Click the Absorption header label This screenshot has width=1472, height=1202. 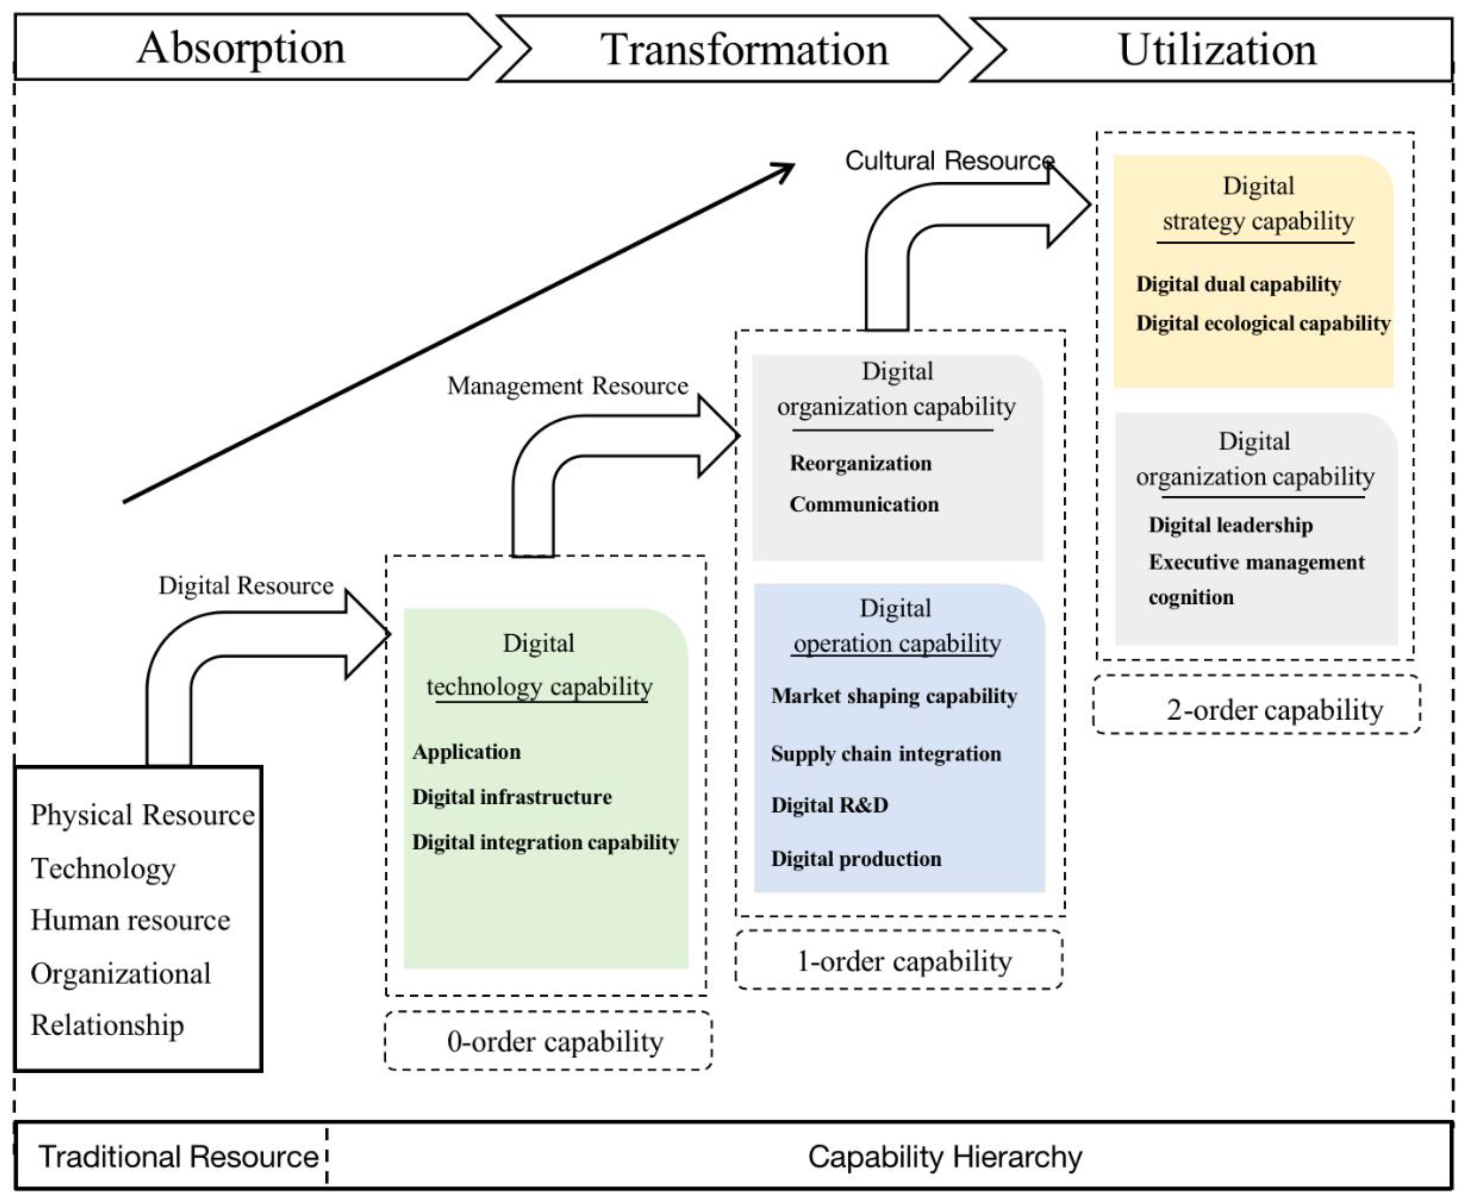coord(241,48)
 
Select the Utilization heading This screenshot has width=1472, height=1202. coord(1217,50)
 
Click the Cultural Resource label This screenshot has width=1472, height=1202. coord(949,161)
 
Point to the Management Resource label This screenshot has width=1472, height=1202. coord(567,386)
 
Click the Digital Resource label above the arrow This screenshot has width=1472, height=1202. coord(246,586)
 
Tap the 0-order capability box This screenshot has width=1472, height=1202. coord(549,1041)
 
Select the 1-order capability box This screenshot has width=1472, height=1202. coord(899,961)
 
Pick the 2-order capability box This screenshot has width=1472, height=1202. coord(1257,710)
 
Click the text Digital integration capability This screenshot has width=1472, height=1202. coord(545,842)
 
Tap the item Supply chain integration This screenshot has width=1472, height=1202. coord(885,753)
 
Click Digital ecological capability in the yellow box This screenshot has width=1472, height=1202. coord(1262,323)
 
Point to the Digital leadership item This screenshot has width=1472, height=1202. coord(1230,525)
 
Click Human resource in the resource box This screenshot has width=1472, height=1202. coord(130,920)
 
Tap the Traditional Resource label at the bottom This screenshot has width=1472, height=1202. coord(178,1157)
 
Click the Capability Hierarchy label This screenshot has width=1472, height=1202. coord(944,1157)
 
